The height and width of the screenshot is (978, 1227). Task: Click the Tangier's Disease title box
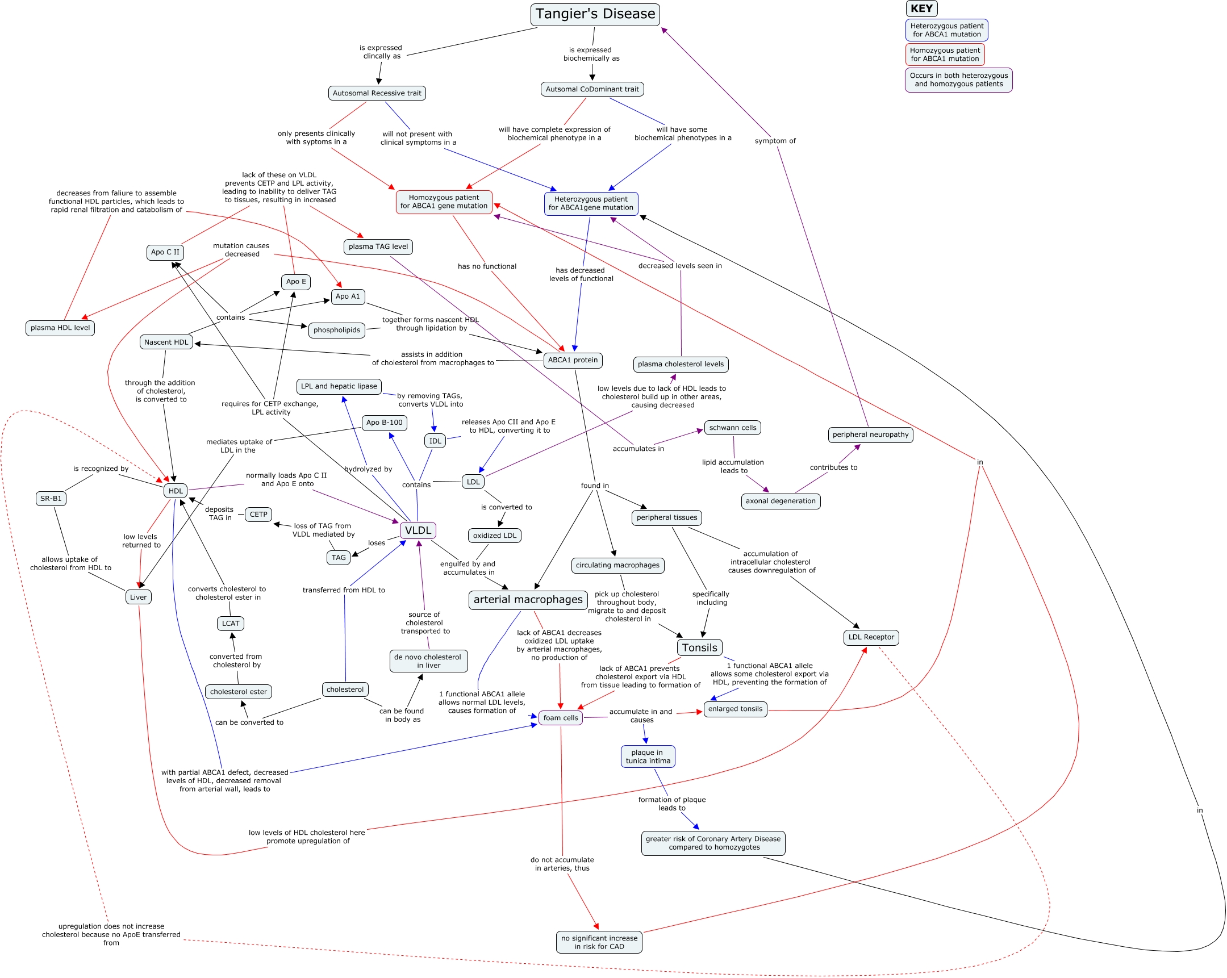tap(595, 14)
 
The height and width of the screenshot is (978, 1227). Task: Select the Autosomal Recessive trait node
tap(377, 93)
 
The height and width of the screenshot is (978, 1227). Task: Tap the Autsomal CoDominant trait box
tap(592, 89)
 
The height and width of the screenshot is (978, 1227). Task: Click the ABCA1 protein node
tap(573, 360)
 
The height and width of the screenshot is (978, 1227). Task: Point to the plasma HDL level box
tap(60, 328)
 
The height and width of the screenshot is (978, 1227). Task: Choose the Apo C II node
tap(165, 253)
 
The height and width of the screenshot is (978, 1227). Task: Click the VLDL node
tap(418, 531)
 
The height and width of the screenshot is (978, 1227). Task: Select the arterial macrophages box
tap(528, 600)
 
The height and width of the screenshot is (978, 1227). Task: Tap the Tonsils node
tap(699, 647)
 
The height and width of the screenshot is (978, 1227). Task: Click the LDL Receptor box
tap(871, 637)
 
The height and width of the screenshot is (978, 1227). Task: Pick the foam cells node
tap(560, 718)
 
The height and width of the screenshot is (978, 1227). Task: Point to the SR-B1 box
tap(51, 499)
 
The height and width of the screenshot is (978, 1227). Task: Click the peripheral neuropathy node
tap(870, 434)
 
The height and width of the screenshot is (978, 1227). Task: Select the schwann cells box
tap(732, 428)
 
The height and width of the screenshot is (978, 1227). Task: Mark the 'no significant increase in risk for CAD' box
tap(599, 942)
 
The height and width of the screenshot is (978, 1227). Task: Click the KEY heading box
tap(921, 9)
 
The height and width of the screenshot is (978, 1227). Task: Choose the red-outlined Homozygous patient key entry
tap(945, 55)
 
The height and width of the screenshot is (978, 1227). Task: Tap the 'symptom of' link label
tap(775, 141)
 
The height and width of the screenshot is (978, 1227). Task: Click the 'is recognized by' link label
tap(101, 469)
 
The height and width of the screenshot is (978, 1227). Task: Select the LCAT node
tap(231, 624)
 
